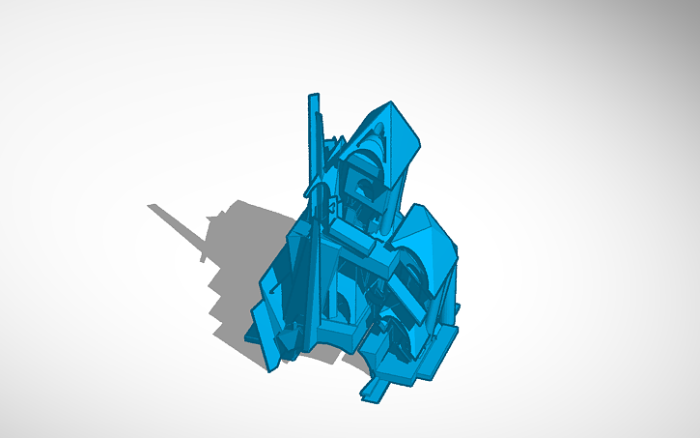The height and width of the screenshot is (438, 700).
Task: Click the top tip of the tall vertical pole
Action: pyautogui.click(x=313, y=97)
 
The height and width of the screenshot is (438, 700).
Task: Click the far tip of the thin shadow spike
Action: pyautogui.click(x=151, y=206)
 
